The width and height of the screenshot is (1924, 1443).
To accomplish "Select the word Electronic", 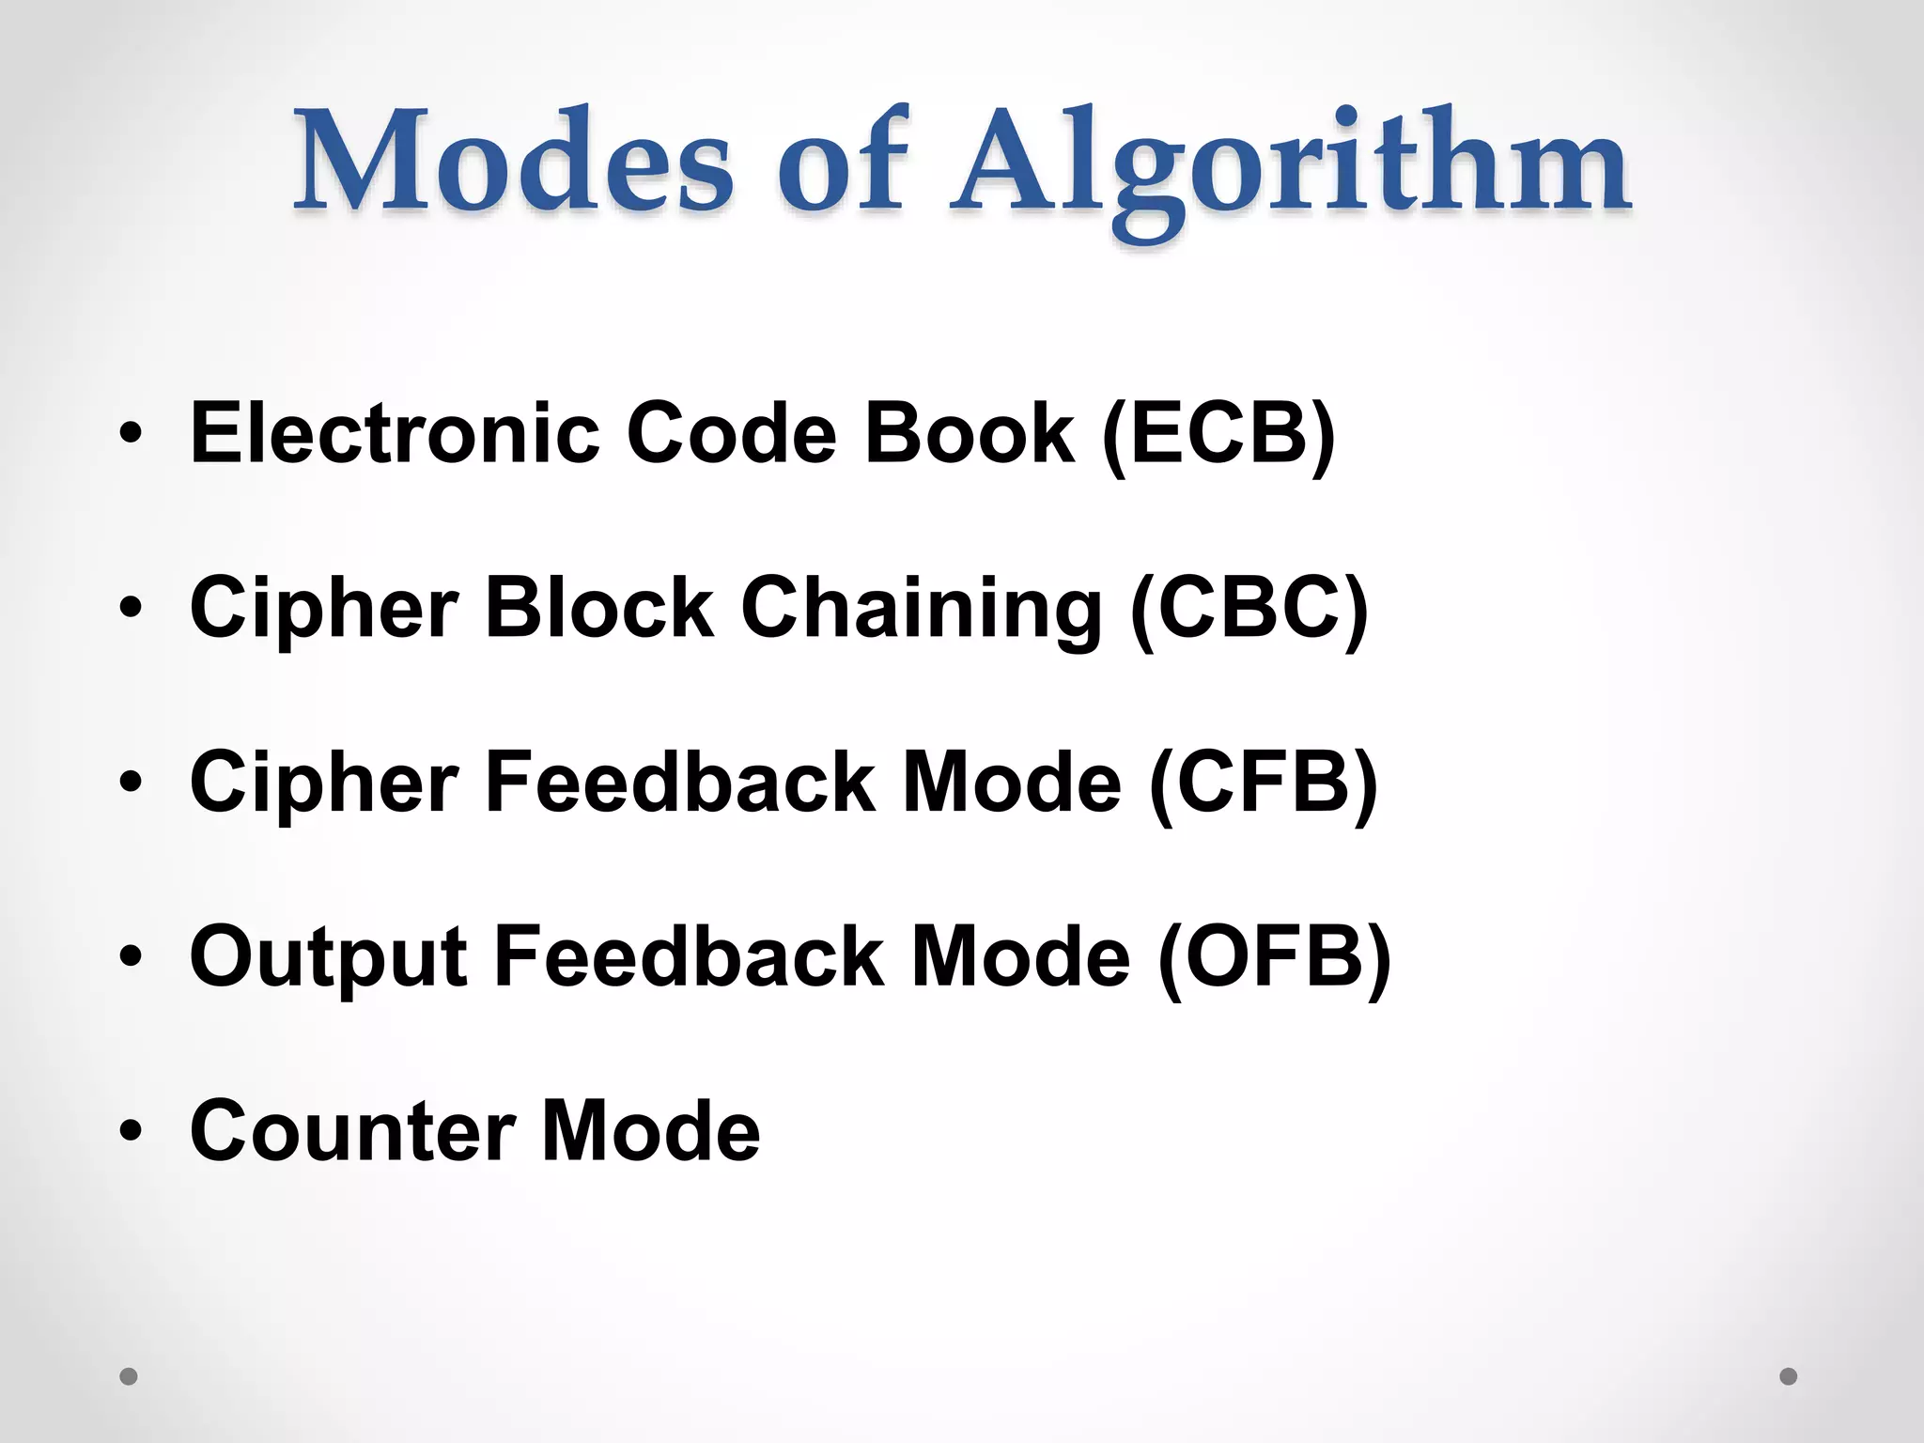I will click(x=395, y=433).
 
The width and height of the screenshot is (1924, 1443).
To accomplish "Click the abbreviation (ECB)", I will click(x=1218, y=435).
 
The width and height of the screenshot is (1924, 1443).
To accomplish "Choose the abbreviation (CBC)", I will click(x=1249, y=609).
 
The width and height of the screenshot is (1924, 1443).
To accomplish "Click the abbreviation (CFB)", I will click(x=1263, y=784).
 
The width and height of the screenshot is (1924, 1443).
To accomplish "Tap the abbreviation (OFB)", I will click(x=1274, y=958).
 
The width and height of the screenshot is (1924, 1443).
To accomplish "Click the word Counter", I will click(x=352, y=1131).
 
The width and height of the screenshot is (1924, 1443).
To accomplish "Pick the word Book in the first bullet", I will click(x=969, y=433).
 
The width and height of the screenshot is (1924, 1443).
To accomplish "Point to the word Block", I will click(x=599, y=608).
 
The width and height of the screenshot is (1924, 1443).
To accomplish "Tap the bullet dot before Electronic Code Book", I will click(x=131, y=434).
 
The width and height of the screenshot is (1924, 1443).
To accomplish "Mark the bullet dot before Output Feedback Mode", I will click(x=131, y=957).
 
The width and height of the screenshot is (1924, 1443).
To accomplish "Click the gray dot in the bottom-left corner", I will click(x=129, y=1376).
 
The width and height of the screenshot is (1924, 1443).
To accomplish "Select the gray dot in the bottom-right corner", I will click(x=1789, y=1376).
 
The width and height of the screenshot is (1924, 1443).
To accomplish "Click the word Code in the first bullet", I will click(x=731, y=433).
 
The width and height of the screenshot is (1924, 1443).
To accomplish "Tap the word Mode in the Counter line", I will click(x=650, y=1131).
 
